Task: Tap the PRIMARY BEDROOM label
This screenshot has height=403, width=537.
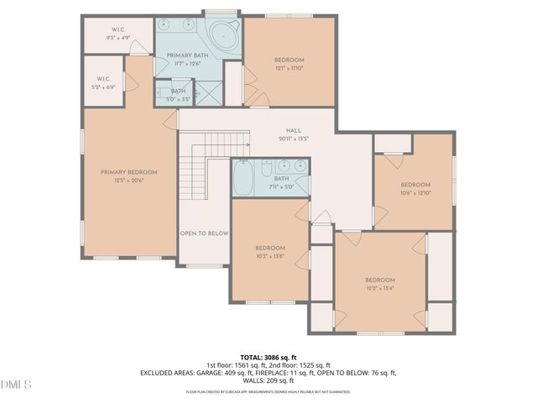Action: (x=128, y=172)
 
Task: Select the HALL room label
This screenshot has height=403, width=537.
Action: (x=293, y=130)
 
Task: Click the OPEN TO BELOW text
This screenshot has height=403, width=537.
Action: (x=205, y=233)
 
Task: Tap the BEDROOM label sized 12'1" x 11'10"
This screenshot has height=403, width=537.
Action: (x=289, y=60)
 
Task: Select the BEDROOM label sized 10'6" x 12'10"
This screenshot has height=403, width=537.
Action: (x=414, y=185)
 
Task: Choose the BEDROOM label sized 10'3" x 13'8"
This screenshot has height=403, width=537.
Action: (x=270, y=248)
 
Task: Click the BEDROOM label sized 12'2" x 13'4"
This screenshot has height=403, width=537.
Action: (x=379, y=280)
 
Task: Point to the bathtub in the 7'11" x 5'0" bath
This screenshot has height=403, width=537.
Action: (x=244, y=179)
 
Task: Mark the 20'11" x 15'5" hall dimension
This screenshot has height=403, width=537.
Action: (x=293, y=139)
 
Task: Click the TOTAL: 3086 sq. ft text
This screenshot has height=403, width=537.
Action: (x=268, y=357)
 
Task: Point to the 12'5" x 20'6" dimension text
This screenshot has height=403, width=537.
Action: (x=128, y=181)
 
